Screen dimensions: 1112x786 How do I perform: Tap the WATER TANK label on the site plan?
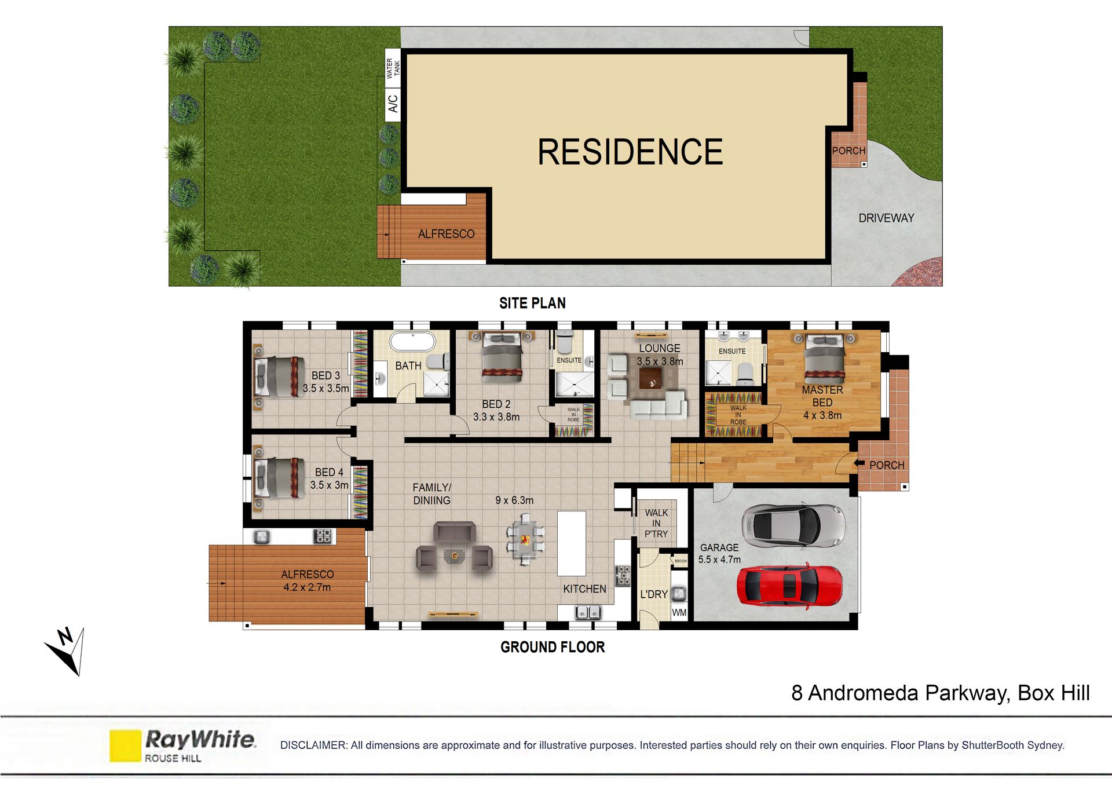pyautogui.click(x=393, y=68)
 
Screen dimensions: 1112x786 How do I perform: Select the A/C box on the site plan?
pyautogui.click(x=393, y=104)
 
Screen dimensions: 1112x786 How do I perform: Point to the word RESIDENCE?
pyautogui.click(x=630, y=152)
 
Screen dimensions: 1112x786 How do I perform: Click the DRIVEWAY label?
pyautogui.click(x=886, y=218)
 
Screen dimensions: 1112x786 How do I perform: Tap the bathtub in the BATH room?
pyautogui.click(x=412, y=342)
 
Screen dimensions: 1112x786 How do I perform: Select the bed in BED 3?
pyautogui.click(x=279, y=376)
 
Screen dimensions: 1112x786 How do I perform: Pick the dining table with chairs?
pyautogui.click(x=525, y=540)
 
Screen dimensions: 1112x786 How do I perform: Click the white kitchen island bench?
pyautogui.click(x=572, y=543)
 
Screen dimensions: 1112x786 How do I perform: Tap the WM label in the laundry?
pyautogui.click(x=679, y=612)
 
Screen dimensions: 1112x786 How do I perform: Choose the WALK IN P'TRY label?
pyautogui.click(x=656, y=523)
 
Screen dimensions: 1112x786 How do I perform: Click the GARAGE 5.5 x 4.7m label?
pyautogui.click(x=719, y=553)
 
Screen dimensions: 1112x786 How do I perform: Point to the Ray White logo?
pyautogui.click(x=182, y=745)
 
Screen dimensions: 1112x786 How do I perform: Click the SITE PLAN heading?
pyautogui.click(x=532, y=303)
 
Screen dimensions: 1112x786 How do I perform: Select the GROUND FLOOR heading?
pyautogui.click(x=553, y=647)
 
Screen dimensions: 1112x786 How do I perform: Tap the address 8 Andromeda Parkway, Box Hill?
pyautogui.click(x=941, y=693)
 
